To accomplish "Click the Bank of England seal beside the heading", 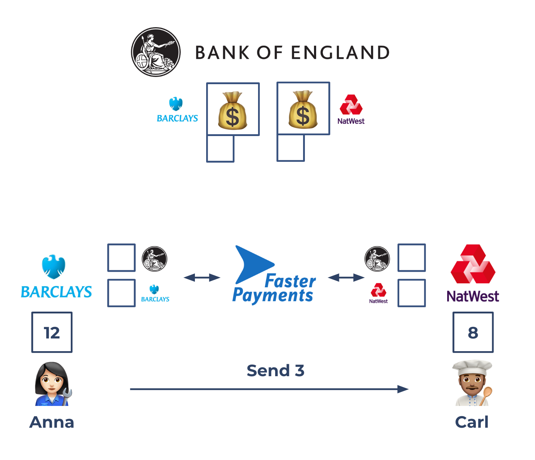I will click(156, 52).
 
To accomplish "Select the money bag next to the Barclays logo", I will click(233, 110).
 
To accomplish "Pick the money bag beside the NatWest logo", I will click(303, 110).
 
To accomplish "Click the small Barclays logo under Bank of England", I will click(177, 110).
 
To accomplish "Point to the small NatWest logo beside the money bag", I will click(351, 110).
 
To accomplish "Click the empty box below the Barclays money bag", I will click(220, 149).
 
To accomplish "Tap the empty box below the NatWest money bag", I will click(290, 148).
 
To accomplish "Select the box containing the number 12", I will click(52, 332).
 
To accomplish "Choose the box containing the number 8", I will click(473, 332).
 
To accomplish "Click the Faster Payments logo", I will click(274, 275).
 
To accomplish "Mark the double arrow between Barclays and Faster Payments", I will click(202, 278).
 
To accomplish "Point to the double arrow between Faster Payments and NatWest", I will click(346, 278).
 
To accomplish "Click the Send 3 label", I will click(275, 371).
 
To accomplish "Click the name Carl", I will click(471, 422).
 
